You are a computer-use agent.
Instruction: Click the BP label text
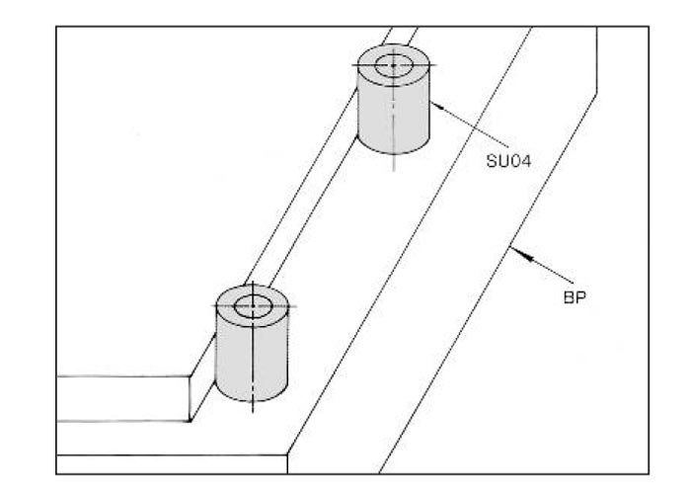574,295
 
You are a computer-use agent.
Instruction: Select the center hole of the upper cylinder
393,66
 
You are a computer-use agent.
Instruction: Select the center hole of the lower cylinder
252,305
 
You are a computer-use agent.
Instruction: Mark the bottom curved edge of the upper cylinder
393,154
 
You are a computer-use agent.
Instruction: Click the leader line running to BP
543,268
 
